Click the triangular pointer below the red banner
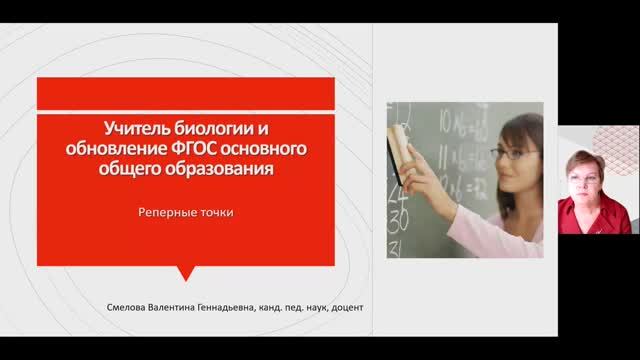[185, 273]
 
